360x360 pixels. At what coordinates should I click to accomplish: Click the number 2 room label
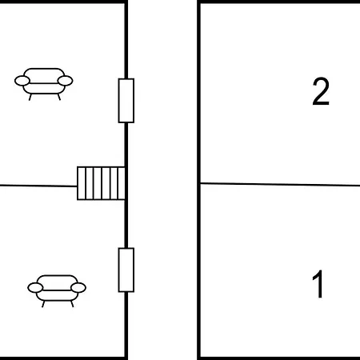pyautogui.click(x=321, y=91)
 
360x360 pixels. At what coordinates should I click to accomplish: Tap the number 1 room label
pyautogui.click(x=318, y=284)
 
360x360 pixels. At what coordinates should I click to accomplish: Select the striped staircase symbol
pyautogui.click(x=101, y=183)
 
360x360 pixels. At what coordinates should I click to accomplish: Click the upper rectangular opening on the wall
pyautogui.click(x=126, y=101)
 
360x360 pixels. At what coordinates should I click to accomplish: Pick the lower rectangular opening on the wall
pyautogui.click(x=126, y=270)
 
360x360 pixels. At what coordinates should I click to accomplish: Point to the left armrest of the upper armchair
pyautogui.click(x=22, y=81)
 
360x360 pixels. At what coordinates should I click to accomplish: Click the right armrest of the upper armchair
pyautogui.click(x=66, y=81)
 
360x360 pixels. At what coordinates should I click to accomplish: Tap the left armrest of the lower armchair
pyautogui.click(x=35, y=288)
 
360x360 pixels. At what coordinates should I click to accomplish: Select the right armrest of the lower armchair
pyautogui.click(x=78, y=287)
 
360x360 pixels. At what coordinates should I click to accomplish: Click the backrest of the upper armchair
pyautogui.click(x=44, y=73)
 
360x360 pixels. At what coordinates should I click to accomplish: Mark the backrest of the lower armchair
pyautogui.click(x=57, y=279)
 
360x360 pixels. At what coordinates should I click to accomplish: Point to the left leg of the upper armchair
pyautogui.click(x=30, y=97)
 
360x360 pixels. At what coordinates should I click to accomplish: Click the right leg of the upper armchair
pyautogui.click(x=59, y=97)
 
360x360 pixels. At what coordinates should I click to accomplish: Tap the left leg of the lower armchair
pyautogui.click(x=43, y=304)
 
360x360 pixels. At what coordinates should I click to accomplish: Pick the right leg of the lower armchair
pyautogui.click(x=72, y=304)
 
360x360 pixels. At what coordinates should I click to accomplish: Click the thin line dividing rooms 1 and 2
pyautogui.click(x=280, y=184)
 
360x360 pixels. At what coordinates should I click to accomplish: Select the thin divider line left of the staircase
pyautogui.click(x=38, y=186)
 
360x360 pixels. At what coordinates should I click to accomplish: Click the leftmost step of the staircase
pyautogui.click(x=82, y=183)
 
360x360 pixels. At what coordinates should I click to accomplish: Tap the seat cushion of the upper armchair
pyautogui.click(x=44, y=89)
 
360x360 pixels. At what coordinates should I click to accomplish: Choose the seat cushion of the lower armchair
pyautogui.click(x=57, y=295)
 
